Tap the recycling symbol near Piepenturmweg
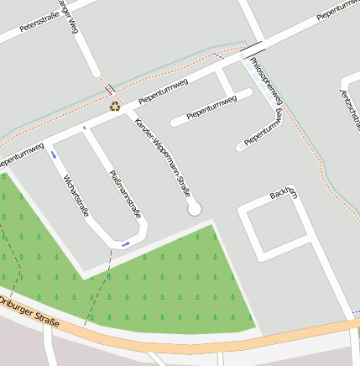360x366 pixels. [x=115, y=107]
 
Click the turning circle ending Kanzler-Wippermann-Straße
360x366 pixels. [x=195, y=207]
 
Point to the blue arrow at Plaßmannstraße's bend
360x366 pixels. [x=125, y=244]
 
